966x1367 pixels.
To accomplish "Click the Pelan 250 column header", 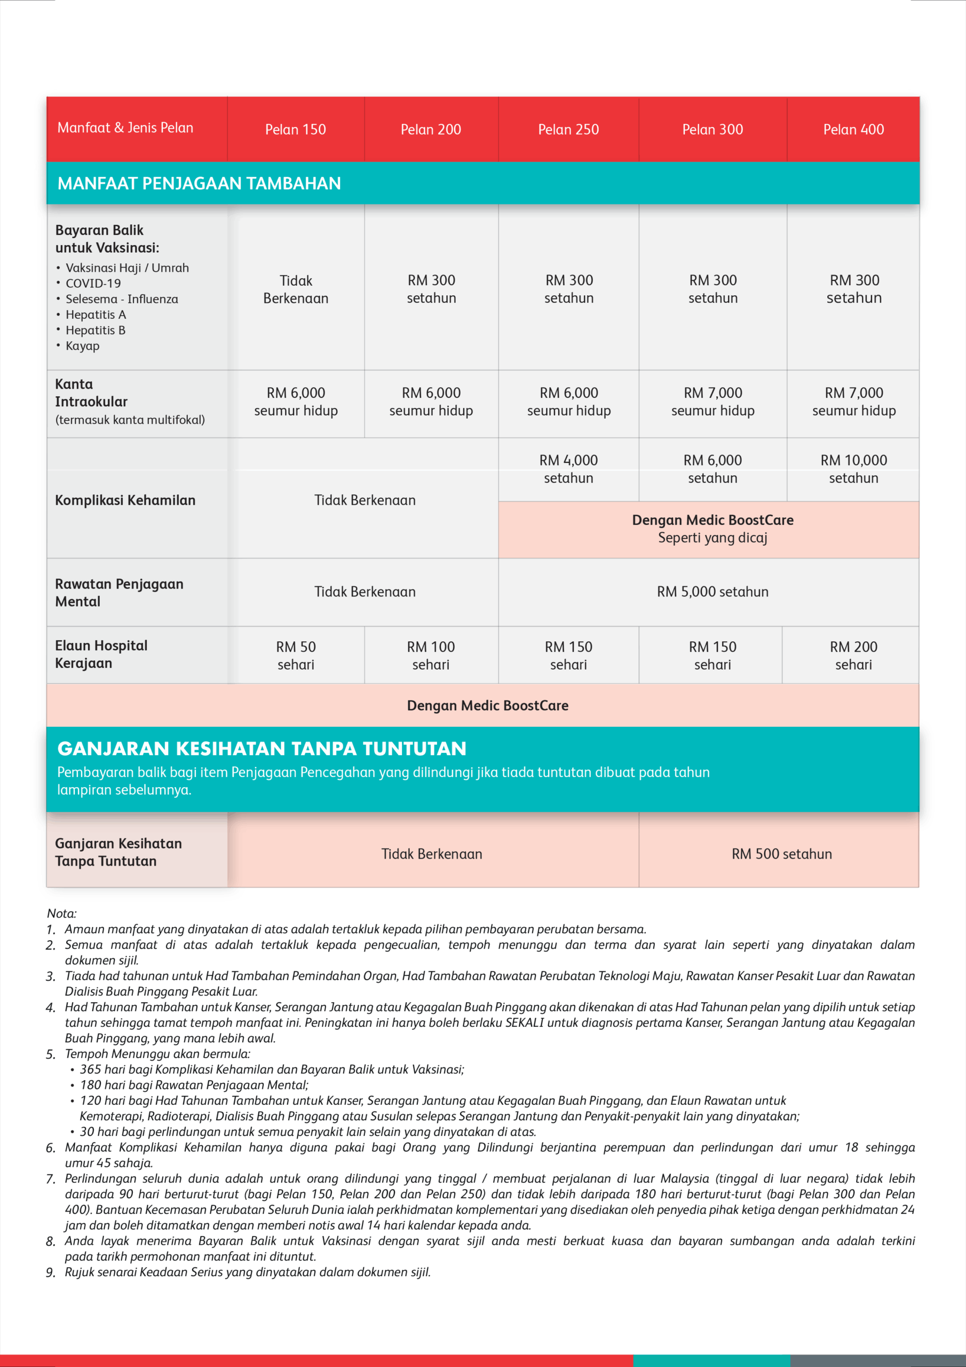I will click(568, 129).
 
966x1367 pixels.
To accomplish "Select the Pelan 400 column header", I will click(853, 129).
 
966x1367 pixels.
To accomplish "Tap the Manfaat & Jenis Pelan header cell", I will click(125, 128).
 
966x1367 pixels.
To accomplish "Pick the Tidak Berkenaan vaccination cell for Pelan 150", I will click(296, 289).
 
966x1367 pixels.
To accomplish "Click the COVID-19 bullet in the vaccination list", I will click(93, 284).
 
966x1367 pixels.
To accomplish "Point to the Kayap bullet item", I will click(82, 346).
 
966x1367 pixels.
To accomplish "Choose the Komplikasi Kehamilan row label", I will click(125, 500).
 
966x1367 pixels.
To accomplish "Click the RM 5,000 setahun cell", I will click(712, 592).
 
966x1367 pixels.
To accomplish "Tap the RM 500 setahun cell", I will click(781, 854).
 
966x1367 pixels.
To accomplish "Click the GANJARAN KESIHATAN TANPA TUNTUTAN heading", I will click(262, 749).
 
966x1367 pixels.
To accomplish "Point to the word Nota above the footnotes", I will click(61, 913).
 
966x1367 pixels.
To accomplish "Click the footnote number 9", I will click(51, 1273).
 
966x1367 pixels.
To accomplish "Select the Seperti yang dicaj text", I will click(712, 538).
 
